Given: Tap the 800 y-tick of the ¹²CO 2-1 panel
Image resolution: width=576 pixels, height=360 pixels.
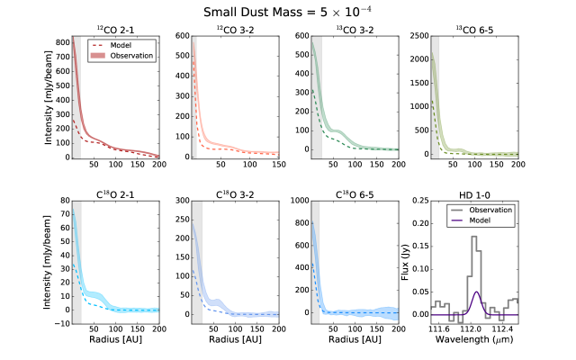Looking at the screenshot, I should [x=61, y=42].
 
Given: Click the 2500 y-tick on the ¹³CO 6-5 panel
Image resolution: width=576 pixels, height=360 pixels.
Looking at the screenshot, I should [x=418, y=36].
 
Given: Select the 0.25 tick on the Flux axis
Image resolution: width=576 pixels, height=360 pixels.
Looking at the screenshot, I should [x=418, y=201].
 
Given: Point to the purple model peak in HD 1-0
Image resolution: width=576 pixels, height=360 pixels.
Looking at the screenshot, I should [x=475, y=292].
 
